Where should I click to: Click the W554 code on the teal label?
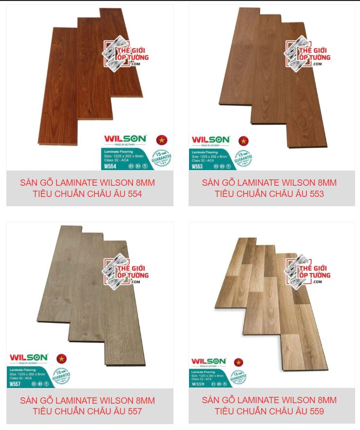point(110,165)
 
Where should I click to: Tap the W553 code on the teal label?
point(197,166)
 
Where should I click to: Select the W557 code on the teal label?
point(15,384)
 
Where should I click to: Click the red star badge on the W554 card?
point(162,140)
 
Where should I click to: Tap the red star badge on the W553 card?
point(243,141)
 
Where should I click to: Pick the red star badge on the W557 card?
point(61,359)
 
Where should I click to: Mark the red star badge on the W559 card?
point(239,362)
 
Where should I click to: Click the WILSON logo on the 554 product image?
point(125,139)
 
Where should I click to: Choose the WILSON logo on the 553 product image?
point(211,140)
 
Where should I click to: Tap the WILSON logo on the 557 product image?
point(29,358)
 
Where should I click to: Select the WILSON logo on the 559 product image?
point(208,361)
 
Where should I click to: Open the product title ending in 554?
point(90,188)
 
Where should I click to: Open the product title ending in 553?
point(271,188)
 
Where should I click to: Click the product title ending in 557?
point(90,406)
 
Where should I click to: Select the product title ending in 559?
point(271,406)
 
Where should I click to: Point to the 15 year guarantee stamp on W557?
point(61,376)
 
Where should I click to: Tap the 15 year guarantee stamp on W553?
point(243,159)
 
